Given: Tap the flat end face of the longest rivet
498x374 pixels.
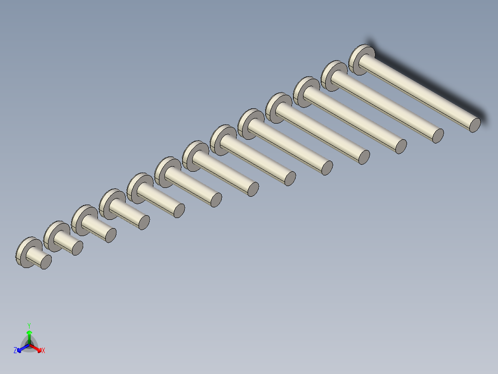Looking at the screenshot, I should pyautogui.click(x=475, y=125).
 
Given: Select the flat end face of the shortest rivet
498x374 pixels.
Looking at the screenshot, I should pyautogui.click(x=46, y=262).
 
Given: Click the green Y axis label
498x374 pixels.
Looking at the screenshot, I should pyautogui.click(x=29, y=325).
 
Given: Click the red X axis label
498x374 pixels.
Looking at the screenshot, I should pyautogui.click(x=43, y=351).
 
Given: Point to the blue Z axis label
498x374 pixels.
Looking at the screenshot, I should pyautogui.click(x=15, y=351).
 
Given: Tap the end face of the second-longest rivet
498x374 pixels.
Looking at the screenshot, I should pyautogui.click(x=438, y=135).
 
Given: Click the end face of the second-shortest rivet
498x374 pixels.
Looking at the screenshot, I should pyautogui.click(x=77, y=248).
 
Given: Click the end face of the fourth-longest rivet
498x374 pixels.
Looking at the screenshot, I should pyautogui.click(x=364, y=157).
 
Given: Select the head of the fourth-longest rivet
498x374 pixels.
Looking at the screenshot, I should pyautogui.click(x=275, y=107).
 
